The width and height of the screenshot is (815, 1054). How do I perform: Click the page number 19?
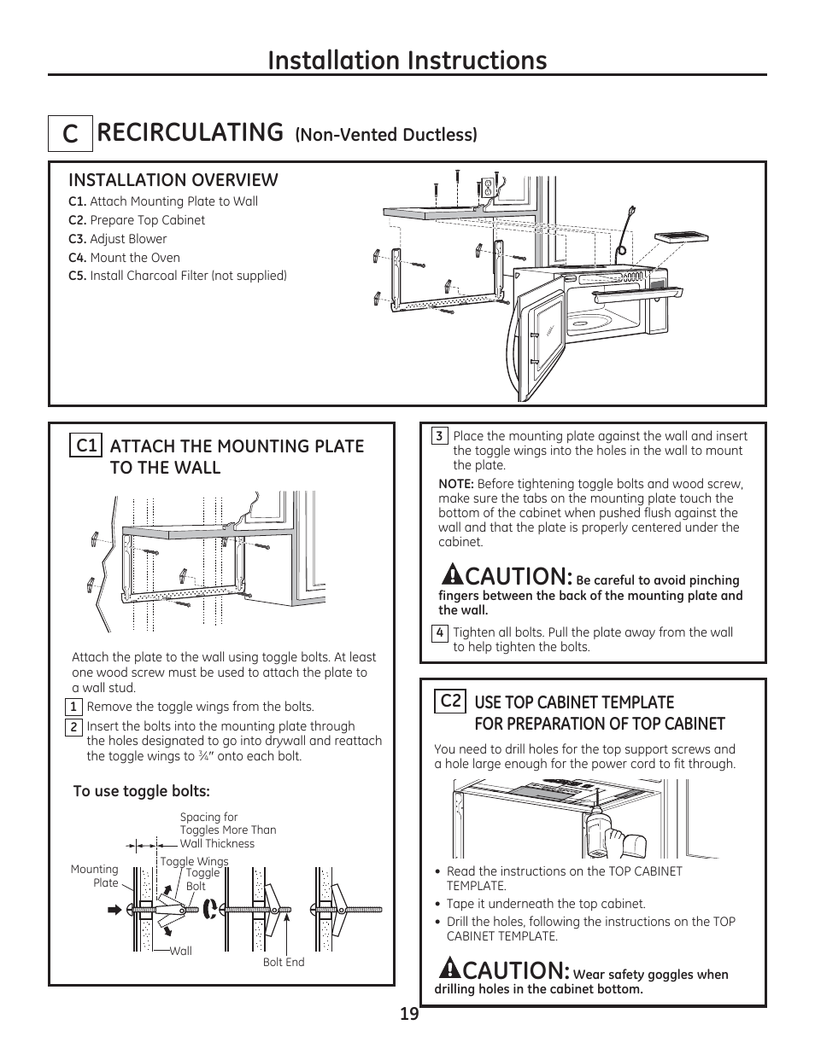408,1014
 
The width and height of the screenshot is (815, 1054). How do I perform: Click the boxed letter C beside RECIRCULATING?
69,135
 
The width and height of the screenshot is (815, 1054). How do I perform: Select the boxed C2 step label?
450,701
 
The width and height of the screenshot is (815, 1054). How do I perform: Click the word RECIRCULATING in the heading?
190,132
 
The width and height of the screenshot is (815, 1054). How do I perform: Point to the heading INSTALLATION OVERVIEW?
173,180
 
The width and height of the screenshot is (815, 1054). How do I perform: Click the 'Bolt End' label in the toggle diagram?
284,962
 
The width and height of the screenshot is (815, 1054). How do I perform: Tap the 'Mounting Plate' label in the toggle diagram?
95,876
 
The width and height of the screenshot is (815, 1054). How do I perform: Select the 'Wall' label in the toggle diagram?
180,951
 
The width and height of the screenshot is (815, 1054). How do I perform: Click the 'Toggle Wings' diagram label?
194,861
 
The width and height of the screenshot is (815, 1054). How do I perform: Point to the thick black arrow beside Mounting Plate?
116,910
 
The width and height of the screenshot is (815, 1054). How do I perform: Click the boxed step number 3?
439,436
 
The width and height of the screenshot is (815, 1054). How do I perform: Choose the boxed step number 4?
439,633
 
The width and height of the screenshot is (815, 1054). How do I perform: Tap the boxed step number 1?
74,707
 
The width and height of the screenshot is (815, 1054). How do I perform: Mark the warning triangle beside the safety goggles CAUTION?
450,968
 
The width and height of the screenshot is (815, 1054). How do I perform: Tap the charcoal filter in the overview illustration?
679,239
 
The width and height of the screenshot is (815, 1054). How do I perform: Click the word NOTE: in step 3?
456,484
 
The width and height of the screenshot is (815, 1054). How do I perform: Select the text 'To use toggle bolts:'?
141,791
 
